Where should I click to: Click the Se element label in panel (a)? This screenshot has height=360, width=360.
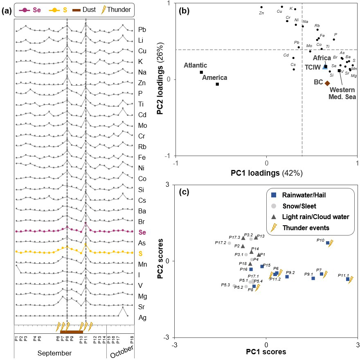[x=142, y=232]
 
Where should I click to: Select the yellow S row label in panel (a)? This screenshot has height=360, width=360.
[x=141, y=253]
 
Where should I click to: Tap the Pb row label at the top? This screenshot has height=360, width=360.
[x=142, y=29]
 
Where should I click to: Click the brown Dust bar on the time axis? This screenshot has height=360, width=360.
[x=72, y=332]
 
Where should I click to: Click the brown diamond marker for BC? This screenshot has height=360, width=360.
[x=327, y=83]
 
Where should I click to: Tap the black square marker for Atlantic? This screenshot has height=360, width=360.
[x=201, y=72]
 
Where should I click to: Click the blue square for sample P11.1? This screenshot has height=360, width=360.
[x=348, y=279]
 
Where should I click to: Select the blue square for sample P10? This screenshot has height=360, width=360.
[x=328, y=243]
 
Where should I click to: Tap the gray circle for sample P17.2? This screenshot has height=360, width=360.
[x=229, y=243]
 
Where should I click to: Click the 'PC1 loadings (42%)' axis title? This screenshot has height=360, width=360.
[x=267, y=172]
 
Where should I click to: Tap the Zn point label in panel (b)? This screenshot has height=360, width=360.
[x=261, y=13]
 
